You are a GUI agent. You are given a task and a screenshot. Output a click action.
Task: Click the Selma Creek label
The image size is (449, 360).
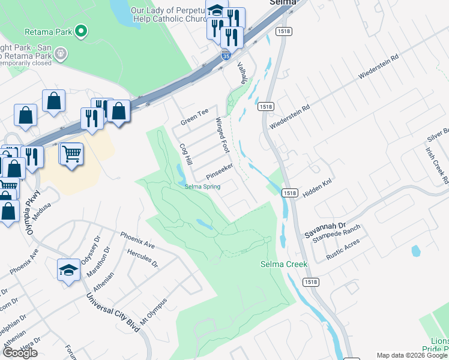284,264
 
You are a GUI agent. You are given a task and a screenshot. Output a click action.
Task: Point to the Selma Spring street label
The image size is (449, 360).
202,187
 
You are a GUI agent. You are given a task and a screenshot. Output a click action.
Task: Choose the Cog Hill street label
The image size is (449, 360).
185,154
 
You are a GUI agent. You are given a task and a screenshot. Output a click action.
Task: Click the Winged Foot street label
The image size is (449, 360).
223,135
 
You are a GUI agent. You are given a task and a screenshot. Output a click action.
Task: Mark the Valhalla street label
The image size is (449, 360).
243,73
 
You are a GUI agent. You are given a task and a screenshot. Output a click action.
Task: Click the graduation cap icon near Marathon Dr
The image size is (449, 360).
68,270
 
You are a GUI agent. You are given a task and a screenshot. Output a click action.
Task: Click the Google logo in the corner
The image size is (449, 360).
20,353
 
